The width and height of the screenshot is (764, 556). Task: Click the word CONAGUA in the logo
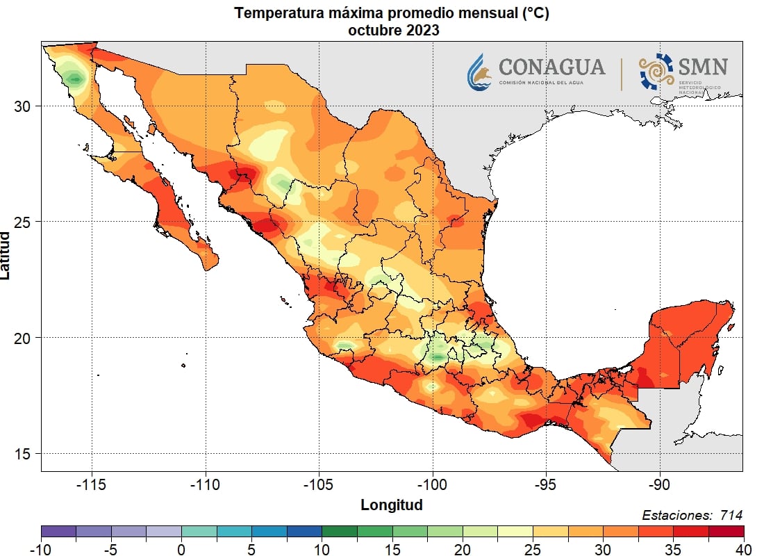coord(552,67)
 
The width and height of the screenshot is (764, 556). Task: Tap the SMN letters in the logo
coord(703,67)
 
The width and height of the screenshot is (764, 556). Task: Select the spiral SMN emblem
coord(656,72)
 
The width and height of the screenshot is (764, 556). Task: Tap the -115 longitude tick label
coord(92,484)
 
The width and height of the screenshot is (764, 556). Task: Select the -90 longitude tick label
coord(659,484)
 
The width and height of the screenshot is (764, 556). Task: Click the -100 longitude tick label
coord(433,484)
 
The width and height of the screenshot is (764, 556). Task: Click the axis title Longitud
coord(391,505)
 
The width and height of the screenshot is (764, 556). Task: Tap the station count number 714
coord(731,515)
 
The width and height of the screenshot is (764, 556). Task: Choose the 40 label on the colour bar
coord(743,550)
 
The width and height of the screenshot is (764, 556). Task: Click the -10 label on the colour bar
coord(41,550)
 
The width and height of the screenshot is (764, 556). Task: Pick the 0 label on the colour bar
coord(181,550)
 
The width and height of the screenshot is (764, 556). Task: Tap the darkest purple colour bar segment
coord(58,532)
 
